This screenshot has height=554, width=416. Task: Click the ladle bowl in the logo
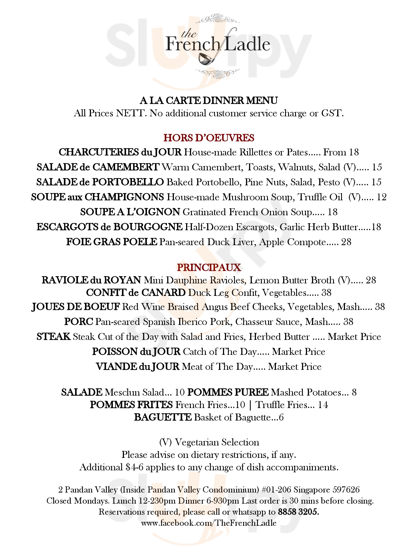[205, 58]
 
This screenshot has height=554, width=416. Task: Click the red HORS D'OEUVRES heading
[209, 138]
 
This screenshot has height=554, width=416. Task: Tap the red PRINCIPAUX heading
[209, 267]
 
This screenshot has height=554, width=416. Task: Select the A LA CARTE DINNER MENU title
[209, 100]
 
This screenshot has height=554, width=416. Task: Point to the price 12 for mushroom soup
[382, 197]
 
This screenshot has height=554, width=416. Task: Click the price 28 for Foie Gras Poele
[346, 242]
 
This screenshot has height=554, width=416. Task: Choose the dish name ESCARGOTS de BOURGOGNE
[110, 227]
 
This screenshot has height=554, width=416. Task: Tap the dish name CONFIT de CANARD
[136, 293]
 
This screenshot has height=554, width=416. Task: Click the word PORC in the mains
[78, 322]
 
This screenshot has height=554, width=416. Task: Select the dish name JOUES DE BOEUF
[76, 307]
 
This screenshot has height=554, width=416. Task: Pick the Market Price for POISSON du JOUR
[298, 352]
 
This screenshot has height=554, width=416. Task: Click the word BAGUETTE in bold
[163, 417]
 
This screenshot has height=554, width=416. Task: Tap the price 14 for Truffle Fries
[323, 405]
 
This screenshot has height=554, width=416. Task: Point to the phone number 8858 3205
[298, 512]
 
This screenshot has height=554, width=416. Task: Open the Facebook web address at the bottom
[209, 523]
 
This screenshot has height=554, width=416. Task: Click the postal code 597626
[346, 489]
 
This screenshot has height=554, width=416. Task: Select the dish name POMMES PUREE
[228, 392]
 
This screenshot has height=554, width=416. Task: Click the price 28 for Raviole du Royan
[371, 280]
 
